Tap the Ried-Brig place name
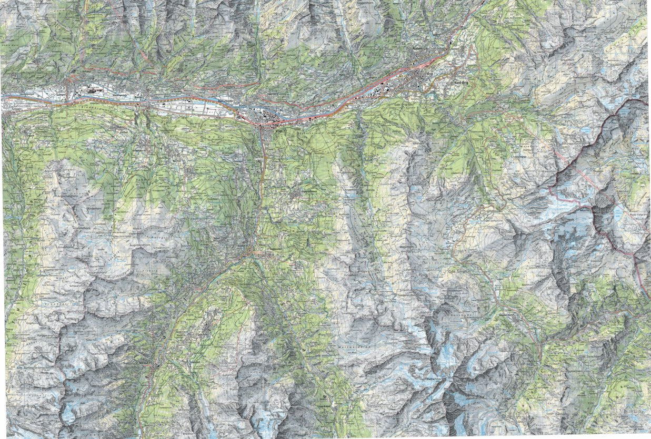coord(460,83)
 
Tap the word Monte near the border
coord(585,210)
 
